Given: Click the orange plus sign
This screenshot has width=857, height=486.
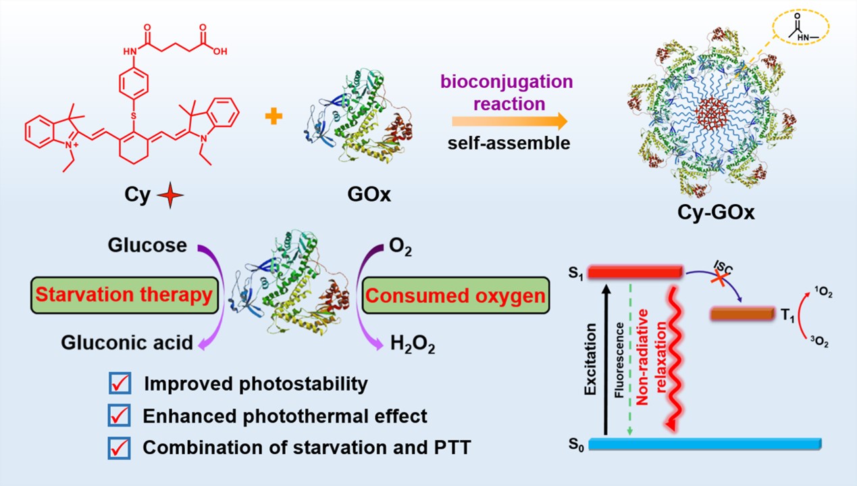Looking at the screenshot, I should click(x=274, y=118).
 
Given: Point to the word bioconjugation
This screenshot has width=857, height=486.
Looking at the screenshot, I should click(x=507, y=82).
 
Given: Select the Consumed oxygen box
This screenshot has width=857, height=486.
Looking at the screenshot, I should click(x=455, y=295).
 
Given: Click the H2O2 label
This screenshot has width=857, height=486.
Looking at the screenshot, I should click(x=413, y=345).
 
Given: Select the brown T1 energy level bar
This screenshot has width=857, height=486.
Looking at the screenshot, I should click(x=742, y=314).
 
